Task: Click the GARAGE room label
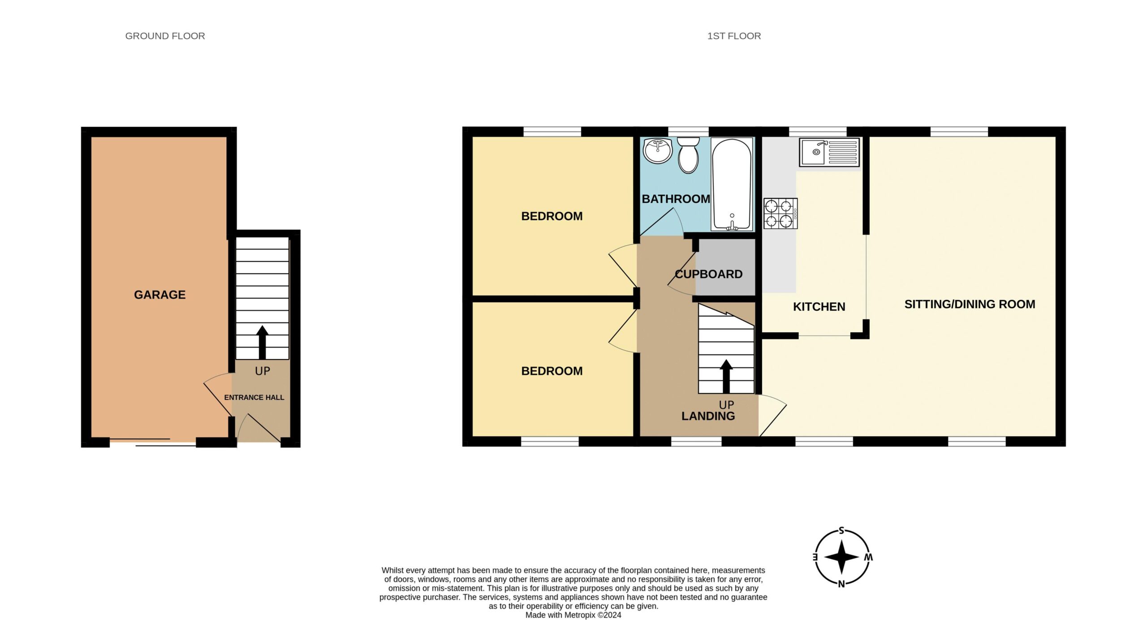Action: [x=160, y=295]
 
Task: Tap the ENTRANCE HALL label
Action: [x=254, y=398]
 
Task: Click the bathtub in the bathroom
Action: [x=732, y=184]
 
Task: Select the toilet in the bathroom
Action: [x=688, y=154]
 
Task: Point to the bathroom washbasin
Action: [x=658, y=150]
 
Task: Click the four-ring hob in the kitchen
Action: [x=780, y=214]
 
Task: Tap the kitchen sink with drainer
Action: [x=829, y=152]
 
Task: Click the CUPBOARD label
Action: [x=708, y=274]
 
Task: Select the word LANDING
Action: [x=708, y=416]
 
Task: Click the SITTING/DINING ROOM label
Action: [x=970, y=304]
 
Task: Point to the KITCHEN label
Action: [x=819, y=307]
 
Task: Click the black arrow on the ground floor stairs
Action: [x=262, y=342]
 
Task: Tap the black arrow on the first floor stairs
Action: [x=726, y=376]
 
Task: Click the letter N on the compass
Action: [x=841, y=584]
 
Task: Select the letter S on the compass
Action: [x=841, y=531]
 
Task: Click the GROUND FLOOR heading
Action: [x=165, y=36]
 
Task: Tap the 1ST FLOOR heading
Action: [x=734, y=36]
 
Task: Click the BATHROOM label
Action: [x=676, y=199]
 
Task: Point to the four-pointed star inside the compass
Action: [x=841, y=557]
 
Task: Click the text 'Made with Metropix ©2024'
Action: [x=573, y=615]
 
